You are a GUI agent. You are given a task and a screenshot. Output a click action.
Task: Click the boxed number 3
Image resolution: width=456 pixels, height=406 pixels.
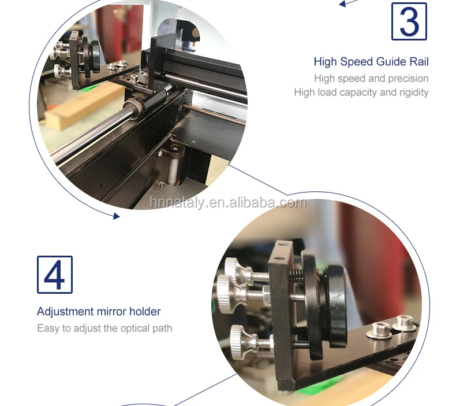click(x=409, y=21)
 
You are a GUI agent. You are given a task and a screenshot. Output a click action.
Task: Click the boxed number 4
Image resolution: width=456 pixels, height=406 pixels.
click(x=55, y=275)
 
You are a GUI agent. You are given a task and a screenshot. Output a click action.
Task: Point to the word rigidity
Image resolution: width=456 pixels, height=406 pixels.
click(x=414, y=93)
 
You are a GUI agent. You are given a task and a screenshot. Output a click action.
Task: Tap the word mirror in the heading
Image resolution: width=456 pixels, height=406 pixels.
click(x=111, y=312)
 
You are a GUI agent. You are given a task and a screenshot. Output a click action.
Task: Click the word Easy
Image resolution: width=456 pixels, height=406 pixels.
click(x=48, y=329)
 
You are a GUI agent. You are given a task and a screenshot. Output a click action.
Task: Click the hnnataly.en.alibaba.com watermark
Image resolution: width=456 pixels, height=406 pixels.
click(x=228, y=202)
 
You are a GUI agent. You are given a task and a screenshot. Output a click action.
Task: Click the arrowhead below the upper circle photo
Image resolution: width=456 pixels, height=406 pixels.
click(x=117, y=216)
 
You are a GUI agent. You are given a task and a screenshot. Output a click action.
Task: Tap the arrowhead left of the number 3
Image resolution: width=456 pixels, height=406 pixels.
click(x=343, y=4)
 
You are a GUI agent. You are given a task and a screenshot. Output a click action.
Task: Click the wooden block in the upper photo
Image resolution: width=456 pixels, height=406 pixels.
click(x=82, y=106)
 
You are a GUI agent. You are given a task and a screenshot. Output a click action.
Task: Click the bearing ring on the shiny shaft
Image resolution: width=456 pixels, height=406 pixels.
click(x=134, y=108)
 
